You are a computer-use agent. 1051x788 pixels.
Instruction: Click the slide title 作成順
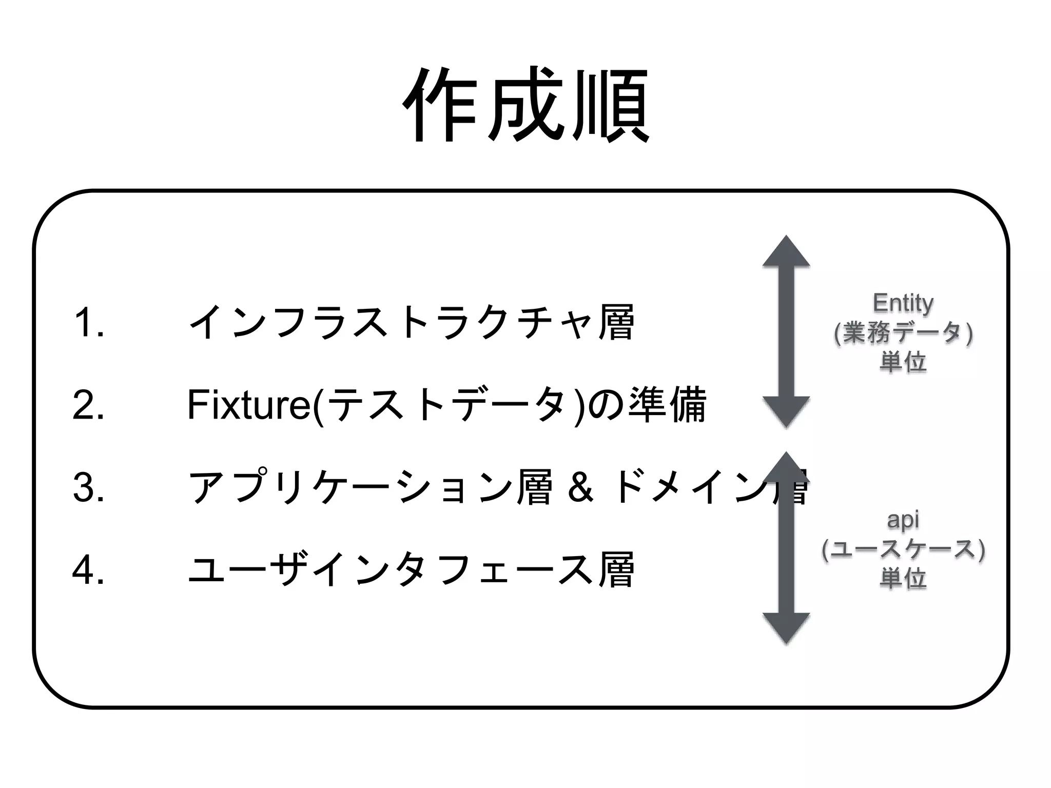coord(525,105)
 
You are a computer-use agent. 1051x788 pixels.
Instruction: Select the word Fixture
coord(248,405)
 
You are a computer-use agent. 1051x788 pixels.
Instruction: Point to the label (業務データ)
coord(903,333)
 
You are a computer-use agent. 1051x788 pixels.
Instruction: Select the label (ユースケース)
coord(903,549)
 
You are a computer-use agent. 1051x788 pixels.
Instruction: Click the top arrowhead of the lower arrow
coord(786,467)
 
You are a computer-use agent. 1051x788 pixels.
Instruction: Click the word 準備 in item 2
coord(667,405)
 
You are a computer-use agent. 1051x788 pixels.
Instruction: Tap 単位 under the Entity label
coord(903,362)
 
